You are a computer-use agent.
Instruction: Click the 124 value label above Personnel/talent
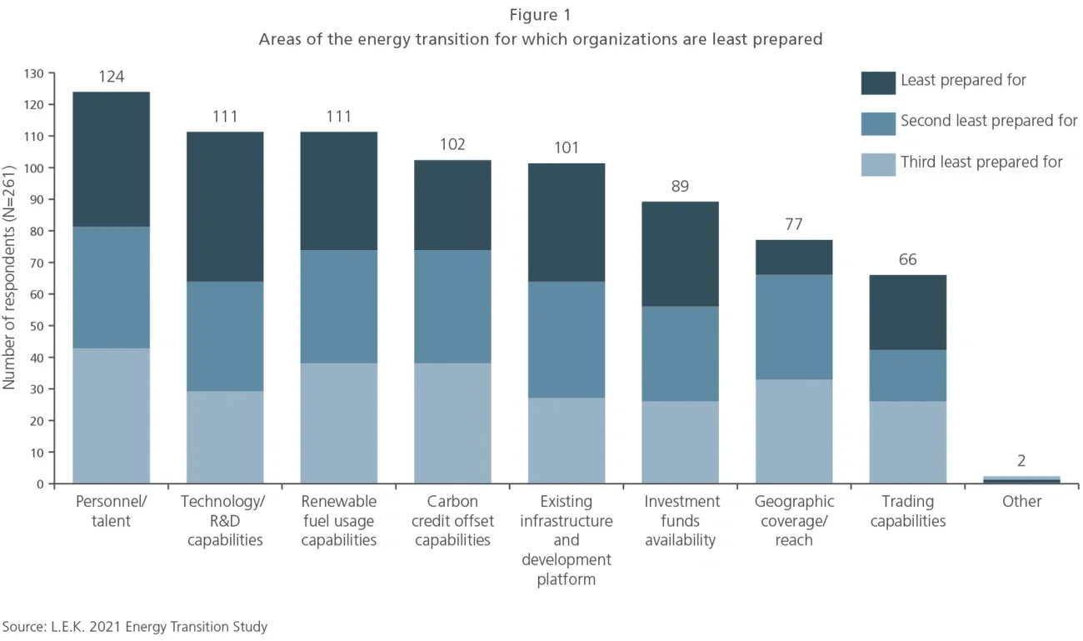coord(111,77)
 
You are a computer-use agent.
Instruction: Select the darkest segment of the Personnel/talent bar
coord(111,159)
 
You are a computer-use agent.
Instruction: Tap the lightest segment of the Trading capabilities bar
coord(907,442)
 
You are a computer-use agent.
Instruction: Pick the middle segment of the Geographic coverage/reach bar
coord(793,327)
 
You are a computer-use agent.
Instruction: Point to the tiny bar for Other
coord(1021,479)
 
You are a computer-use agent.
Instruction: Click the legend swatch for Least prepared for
coord(878,82)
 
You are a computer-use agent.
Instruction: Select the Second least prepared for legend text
coord(989,122)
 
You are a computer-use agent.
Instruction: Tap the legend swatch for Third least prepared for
coord(878,163)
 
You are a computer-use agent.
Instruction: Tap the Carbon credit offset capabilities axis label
coord(453,521)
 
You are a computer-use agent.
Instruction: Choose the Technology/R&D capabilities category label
coord(225,521)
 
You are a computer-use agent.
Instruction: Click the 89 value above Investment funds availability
coord(680,187)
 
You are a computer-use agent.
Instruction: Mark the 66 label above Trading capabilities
coord(907,260)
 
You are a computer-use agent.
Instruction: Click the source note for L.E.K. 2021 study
coord(135,627)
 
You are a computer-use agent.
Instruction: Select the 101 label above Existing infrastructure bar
coord(566,148)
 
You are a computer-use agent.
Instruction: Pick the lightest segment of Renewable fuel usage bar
coord(338,423)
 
